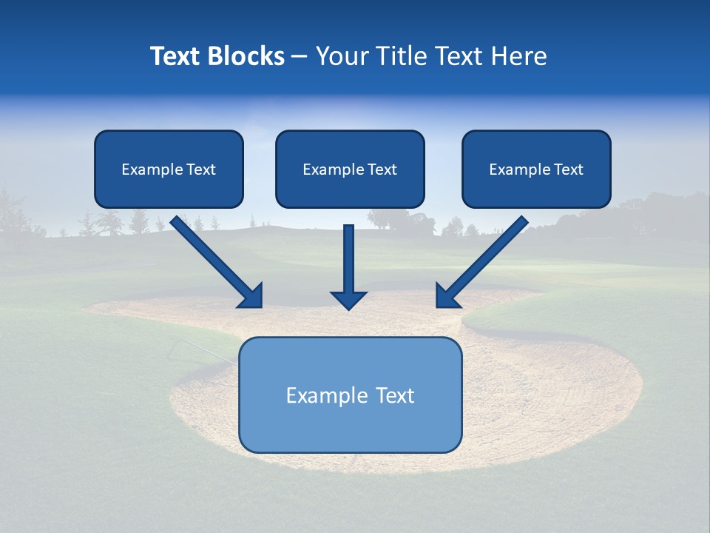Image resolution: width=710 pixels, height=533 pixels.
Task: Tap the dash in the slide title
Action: pyautogui.click(x=300, y=57)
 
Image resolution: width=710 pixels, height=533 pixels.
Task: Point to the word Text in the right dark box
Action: pyautogui.click(x=569, y=170)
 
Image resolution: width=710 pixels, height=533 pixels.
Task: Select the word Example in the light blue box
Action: pyautogui.click(x=327, y=395)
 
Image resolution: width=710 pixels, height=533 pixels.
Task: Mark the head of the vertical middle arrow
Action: pyautogui.click(x=348, y=300)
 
